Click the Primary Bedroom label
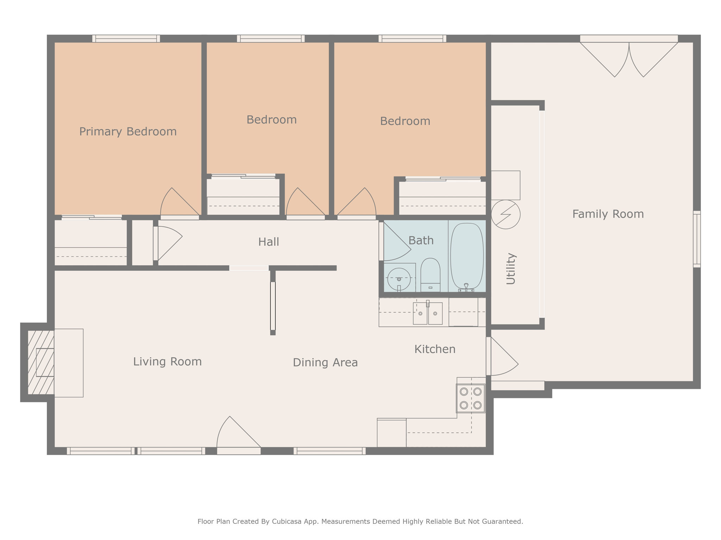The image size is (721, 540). coord(128,131)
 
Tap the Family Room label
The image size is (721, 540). coord(608,214)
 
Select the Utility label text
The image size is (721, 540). coord(511,269)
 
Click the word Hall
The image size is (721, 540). coord(269,242)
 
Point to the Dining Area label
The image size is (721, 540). coord(325,362)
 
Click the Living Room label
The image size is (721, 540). coord(167,362)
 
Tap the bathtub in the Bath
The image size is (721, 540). coord(467,257)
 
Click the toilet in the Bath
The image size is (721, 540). coord(430,275)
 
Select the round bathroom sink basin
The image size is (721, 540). coord(399,279)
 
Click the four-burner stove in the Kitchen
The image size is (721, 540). coord(471,398)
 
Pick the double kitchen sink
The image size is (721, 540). coord(428,313)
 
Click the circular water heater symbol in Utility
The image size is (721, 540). coord(506,214)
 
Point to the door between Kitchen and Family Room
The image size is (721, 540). coord(502,356)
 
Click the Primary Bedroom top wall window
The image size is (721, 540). coord(126,39)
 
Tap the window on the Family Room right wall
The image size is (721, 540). coord(697,239)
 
